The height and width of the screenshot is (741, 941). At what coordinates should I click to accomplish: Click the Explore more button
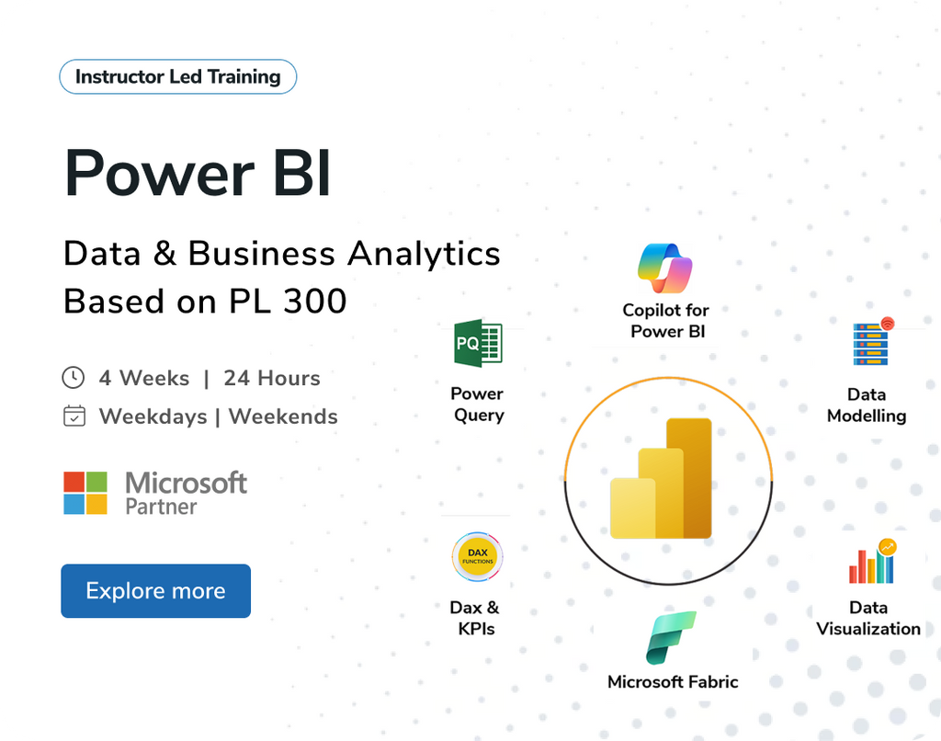[x=155, y=591]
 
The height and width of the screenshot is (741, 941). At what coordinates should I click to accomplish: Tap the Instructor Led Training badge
[x=177, y=77]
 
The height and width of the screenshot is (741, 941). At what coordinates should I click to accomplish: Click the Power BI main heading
[x=198, y=172]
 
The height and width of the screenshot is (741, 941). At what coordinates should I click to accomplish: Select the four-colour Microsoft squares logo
[x=85, y=493]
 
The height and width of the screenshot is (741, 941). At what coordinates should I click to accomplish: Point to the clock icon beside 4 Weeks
[x=73, y=378]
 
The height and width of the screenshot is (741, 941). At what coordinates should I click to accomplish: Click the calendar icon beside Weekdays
[x=74, y=416]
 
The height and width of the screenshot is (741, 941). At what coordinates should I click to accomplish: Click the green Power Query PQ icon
[x=478, y=345]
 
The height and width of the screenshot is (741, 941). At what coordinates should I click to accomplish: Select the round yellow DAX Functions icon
[x=478, y=557]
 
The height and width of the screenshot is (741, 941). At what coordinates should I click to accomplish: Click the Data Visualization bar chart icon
[x=871, y=562]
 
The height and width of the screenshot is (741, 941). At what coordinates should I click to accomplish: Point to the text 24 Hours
[x=272, y=378]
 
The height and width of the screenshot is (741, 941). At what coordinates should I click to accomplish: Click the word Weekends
[x=283, y=416]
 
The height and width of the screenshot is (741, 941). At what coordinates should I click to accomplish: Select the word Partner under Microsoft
[x=162, y=507]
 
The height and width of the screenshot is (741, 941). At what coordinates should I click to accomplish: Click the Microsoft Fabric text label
[x=673, y=682]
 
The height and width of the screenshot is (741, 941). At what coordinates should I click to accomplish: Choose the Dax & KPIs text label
[x=475, y=618]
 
